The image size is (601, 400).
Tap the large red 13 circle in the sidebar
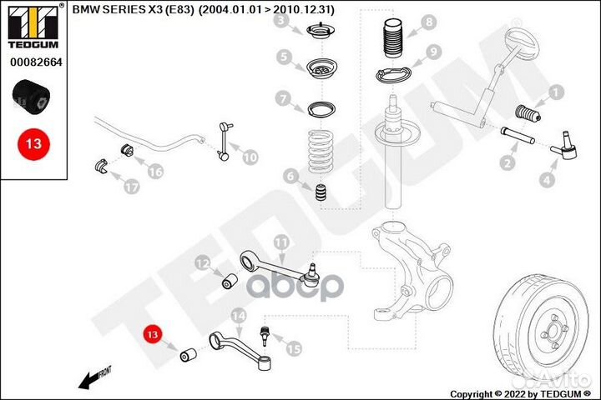[33, 143]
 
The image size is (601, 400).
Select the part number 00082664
[34, 62]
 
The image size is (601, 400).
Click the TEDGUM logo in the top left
[34, 26]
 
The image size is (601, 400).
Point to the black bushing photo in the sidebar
[33, 96]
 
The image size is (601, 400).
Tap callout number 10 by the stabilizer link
[250, 155]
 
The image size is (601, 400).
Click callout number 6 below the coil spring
[290, 176]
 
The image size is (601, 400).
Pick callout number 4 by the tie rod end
[547, 178]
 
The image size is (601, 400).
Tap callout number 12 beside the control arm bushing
[202, 264]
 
